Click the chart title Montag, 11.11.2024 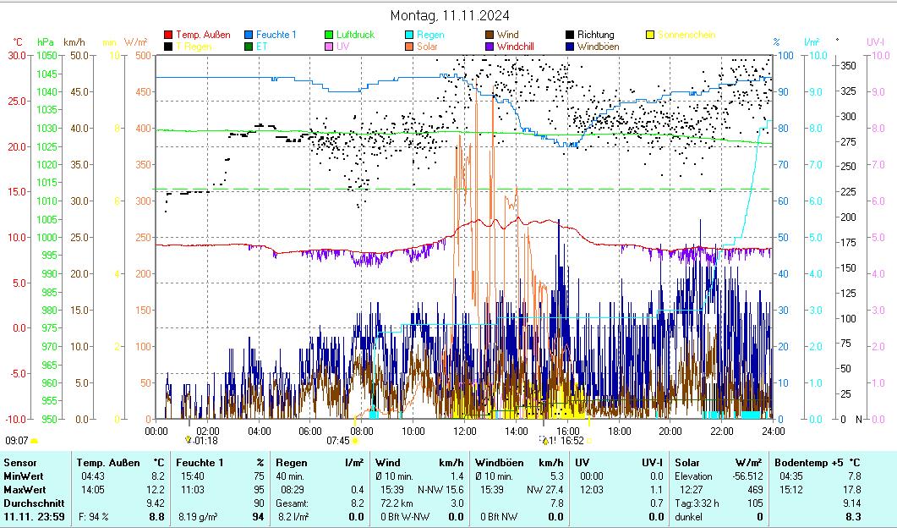click(x=449, y=16)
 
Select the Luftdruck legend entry click(x=355, y=35)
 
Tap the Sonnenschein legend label click(x=686, y=35)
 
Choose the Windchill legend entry click(x=521, y=47)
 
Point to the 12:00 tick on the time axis click(x=465, y=431)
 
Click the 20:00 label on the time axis click(x=670, y=431)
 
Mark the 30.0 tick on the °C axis click(x=17, y=56)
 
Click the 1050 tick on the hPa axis click(x=46, y=56)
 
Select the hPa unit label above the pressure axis click(x=45, y=41)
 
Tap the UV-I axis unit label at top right click(x=875, y=41)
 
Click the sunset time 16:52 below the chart click(x=572, y=441)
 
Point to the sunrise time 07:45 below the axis click(x=338, y=441)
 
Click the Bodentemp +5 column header click(x=811, y=463)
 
